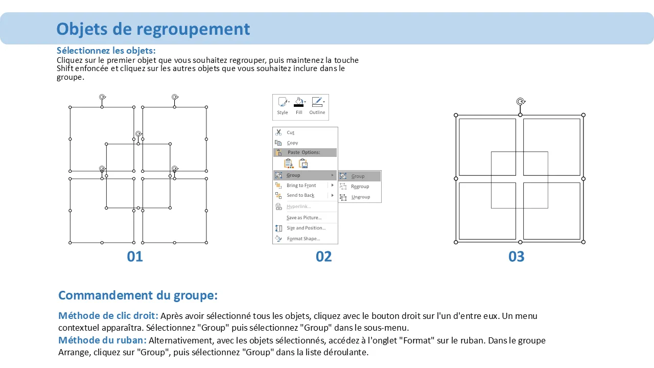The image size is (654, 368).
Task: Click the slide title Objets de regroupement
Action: click(x=153, y=29)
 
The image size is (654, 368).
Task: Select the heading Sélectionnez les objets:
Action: click(x=106, y=51)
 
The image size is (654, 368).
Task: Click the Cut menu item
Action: click(x=290, y=132)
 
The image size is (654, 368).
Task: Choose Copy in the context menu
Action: click(x=292, y=143)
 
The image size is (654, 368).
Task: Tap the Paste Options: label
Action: click(x=303, y=152)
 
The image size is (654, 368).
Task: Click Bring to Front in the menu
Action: click(x=301, y=186)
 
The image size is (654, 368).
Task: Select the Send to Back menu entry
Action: click(x=300, y=195)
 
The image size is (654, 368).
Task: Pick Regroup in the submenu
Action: click(x=360, y=187)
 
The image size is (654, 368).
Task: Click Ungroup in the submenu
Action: click(x=361, y=197)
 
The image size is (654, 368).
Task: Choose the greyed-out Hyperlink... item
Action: click(x=298, y=206)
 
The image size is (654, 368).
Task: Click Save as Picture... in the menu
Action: click(x=304, y=218)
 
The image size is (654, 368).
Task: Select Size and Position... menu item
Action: click(x=306, y=228)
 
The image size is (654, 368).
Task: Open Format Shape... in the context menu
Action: click(x=303, y=239)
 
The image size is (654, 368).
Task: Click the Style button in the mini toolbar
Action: click(x=283, y=106)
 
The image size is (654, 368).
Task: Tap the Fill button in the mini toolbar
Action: click(x=299, y=106)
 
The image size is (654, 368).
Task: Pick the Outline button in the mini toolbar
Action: click(x=317, y=106)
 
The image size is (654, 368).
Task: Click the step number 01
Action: click(x=135, y=257)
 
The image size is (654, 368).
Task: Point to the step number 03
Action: click(x=516, y=257)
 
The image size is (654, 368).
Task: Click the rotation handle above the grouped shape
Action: click(x=521, y=101)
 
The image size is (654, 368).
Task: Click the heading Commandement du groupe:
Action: click(x=138, y=295)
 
